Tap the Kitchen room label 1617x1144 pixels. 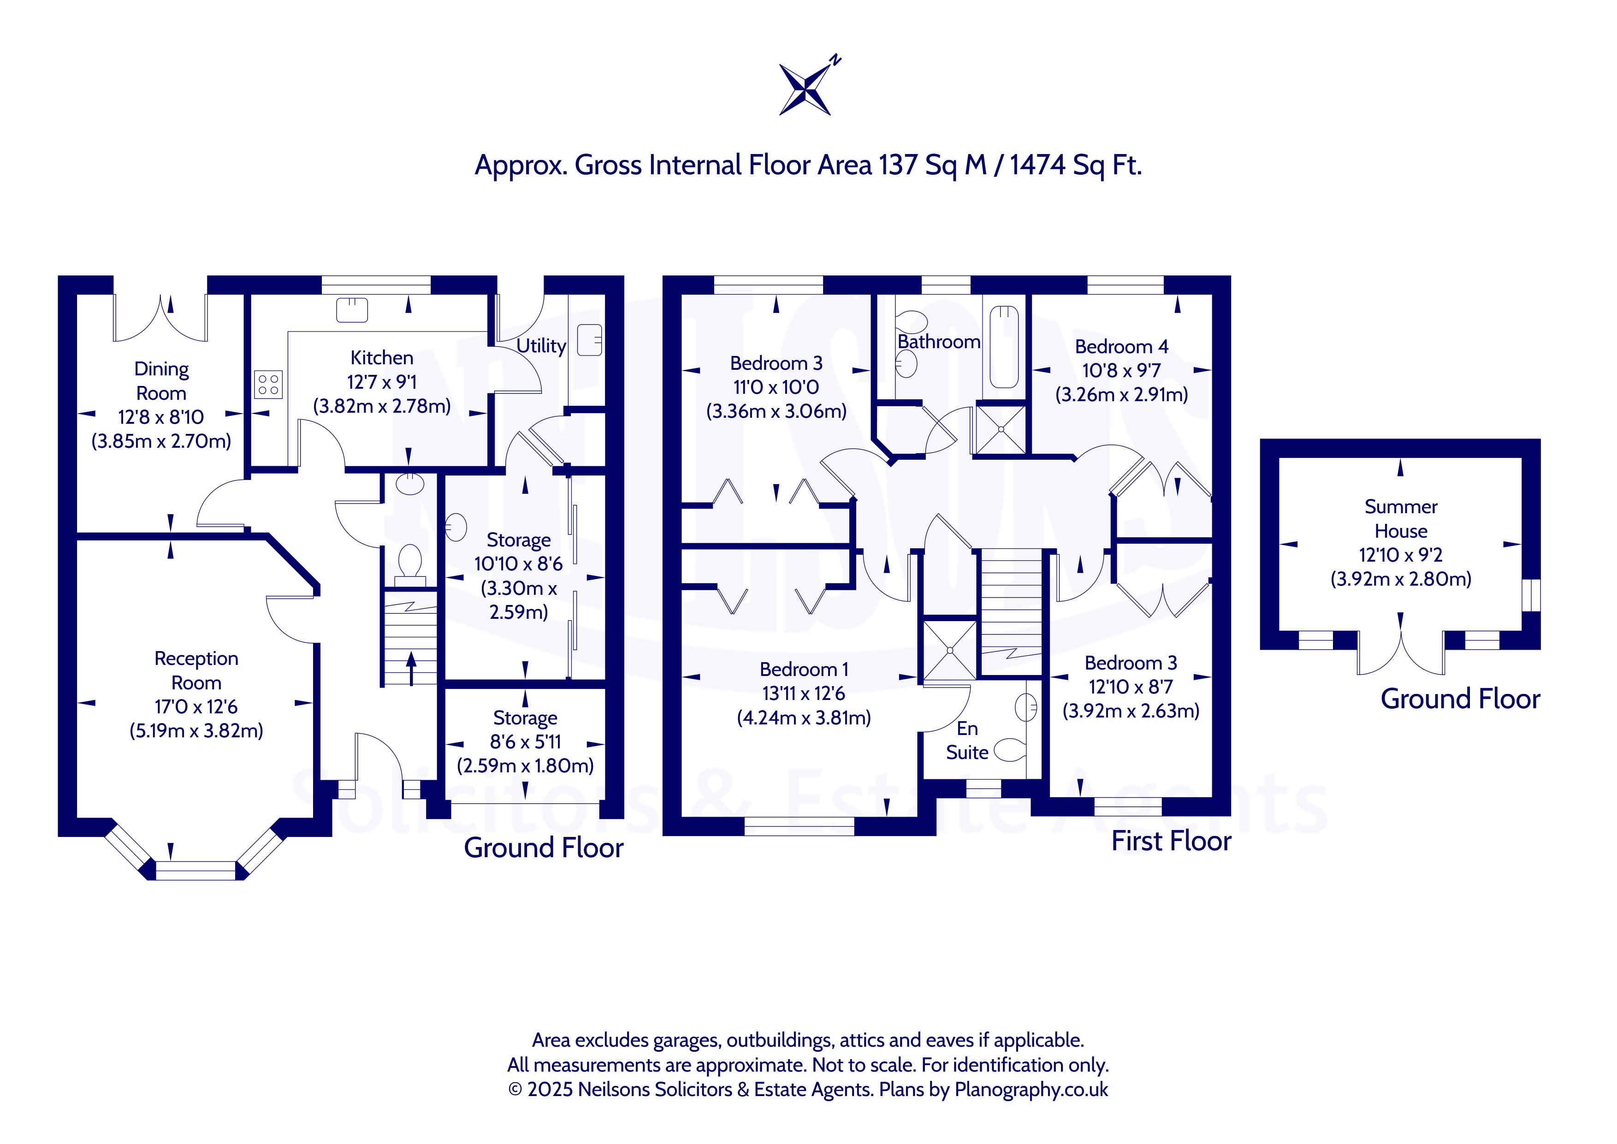pos(382,358)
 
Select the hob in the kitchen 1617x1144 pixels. pos(268,385)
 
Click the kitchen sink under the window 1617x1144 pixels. pos(352,310)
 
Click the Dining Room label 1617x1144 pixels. pos(161,381)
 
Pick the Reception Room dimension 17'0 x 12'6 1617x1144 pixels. pos(196,706)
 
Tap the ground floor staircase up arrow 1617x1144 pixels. pos(411,668)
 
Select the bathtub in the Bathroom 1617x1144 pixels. pos(1004,347)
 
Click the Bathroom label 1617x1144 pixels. pos(939,342)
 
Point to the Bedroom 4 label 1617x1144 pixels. pos(1122,347)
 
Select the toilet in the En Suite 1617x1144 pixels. pos(1010,750)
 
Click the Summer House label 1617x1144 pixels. pos(1401,518)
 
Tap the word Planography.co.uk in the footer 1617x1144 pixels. pos(1031,1090)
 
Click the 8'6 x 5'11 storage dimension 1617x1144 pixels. pos(525,742)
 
